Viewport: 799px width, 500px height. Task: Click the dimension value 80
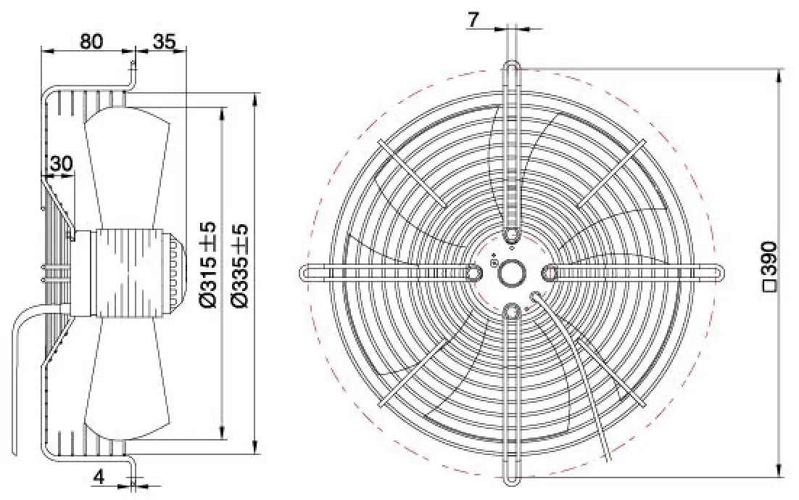[91, 41]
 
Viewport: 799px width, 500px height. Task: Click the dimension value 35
[164, 41]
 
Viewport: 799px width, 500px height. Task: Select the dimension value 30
[61, 164]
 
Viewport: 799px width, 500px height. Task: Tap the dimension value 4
[99, 477]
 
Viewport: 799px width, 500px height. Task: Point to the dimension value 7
[473, 20]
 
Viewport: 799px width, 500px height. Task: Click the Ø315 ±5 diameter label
[208, 265]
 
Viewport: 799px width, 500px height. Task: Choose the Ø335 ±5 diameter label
[239, 265]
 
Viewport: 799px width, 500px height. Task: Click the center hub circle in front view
[511, 273]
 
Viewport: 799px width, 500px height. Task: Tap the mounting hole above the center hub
[511, 236]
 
